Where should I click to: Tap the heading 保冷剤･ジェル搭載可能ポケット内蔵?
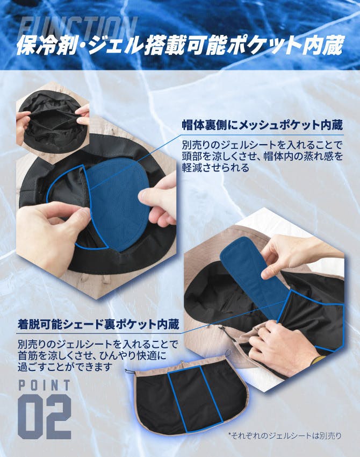point(179,45)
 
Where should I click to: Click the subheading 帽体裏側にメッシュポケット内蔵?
point(262,125)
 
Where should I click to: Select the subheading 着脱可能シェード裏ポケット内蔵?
point(98,324)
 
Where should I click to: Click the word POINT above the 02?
point(45,385)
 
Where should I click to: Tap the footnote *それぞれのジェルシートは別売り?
point(285,435)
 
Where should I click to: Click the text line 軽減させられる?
point(215,168)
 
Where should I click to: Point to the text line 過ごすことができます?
point(65,367)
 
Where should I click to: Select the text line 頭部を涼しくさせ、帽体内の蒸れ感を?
point(262,156)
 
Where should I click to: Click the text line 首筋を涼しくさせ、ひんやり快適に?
point(92,355)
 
